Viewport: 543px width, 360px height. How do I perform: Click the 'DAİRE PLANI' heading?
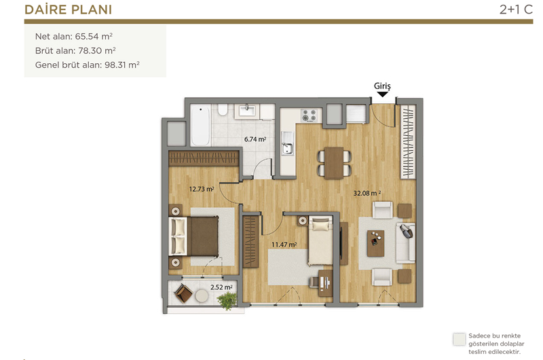69,10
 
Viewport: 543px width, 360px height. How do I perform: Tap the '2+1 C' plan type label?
516,10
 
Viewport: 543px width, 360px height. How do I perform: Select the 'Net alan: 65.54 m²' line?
74,37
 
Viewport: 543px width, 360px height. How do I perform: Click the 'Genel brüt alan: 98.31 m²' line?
88,65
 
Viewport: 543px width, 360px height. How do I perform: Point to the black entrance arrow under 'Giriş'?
382,94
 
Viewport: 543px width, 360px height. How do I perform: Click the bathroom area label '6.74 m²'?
255,139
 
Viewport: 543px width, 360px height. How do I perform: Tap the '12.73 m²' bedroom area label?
202,190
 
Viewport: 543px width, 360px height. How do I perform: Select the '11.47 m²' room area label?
284,245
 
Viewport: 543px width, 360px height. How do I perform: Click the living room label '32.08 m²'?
367,194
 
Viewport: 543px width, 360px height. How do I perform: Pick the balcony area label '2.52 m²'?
221,287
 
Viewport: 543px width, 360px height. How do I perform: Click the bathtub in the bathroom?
200,126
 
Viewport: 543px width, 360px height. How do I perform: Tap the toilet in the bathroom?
223,109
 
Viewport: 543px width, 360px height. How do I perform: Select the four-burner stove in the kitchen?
309,115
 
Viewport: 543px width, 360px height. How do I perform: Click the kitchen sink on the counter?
287,143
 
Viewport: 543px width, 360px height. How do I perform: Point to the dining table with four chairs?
334,163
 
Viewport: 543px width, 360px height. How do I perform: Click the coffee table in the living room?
376,243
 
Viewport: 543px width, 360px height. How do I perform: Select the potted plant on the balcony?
227,300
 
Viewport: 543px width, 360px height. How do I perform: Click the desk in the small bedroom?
326,283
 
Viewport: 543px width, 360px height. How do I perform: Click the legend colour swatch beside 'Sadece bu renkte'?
460,340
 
